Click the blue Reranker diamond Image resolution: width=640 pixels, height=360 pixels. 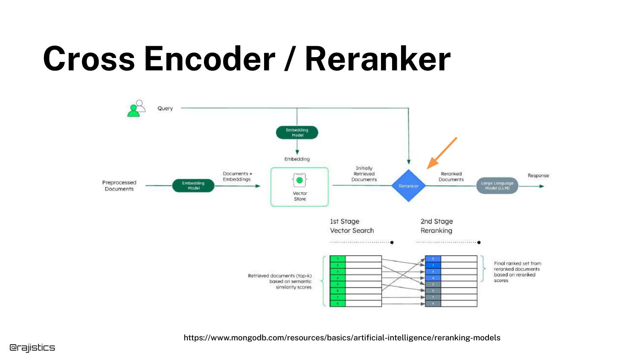point(408,186)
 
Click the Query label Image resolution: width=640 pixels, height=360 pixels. point(165,108)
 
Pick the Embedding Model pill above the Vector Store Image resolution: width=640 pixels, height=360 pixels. point(297,132)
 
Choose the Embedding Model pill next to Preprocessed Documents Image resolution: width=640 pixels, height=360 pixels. point(193,186)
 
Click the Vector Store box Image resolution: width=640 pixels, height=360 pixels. point(300,187)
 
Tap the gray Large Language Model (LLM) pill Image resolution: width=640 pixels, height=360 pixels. point(497,186)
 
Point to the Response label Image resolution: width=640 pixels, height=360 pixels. point(538,175)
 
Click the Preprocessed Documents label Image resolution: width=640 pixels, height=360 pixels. point(119,186)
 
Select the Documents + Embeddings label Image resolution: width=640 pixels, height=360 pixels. point(237,176)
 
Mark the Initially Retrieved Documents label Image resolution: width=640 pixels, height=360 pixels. point(364,174)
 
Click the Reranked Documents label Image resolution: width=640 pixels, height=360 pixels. point(451,177)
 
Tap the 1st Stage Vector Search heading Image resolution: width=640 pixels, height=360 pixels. point(352,226)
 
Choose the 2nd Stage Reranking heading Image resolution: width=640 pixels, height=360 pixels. point(436,226)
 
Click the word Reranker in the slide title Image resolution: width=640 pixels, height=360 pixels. point(378,59)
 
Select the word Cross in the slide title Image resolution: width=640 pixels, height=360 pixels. point(89,59)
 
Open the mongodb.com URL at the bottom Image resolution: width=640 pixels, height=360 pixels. point(342,337)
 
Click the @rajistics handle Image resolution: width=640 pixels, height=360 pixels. point(32,347)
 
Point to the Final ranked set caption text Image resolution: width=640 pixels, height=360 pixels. point(517,272)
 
